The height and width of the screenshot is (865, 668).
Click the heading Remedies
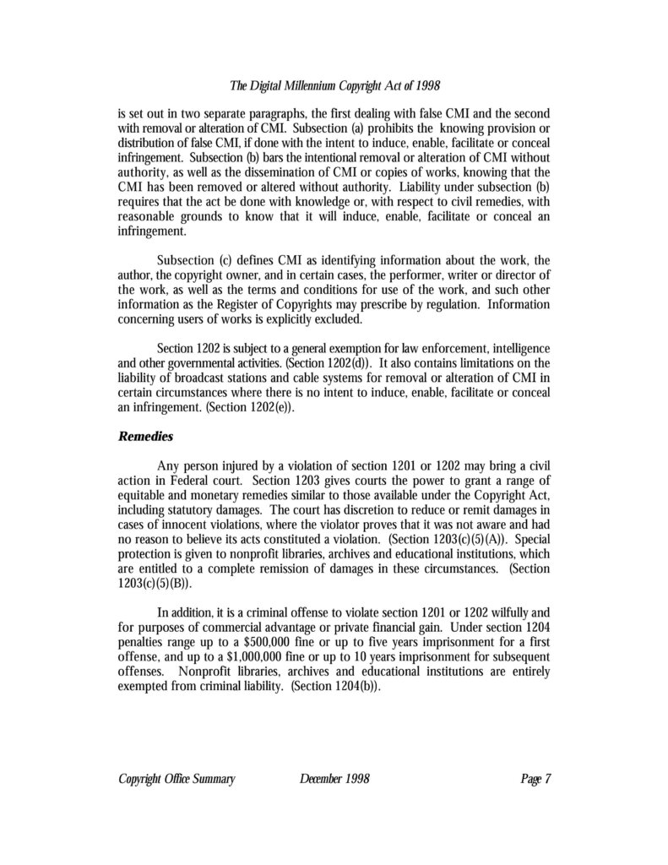(144, 438)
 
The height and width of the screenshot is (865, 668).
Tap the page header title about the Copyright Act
(335, 86)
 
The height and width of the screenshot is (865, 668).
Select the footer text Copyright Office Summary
(176, 779)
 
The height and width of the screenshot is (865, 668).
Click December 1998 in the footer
(334, 779)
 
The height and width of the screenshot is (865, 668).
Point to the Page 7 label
(535, 779)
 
